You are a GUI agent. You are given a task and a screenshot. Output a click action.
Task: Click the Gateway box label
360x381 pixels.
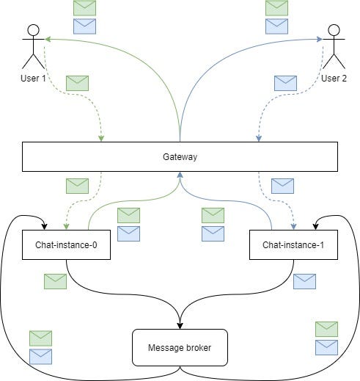[x=180, y=157]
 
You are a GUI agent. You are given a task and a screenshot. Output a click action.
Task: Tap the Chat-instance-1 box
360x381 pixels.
[x=293, y=244]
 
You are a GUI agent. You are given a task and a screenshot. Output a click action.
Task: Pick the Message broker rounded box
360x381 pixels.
[x=180, y=347]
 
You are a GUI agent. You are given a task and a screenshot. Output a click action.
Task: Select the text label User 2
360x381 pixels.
[x=334, y=79]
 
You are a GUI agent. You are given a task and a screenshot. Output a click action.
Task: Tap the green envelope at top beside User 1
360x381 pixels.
[x=85, y=8]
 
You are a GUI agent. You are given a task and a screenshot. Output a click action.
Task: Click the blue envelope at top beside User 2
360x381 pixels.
[x=276, y=26]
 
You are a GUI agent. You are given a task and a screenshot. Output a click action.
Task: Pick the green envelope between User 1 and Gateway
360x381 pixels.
[x=77, y=83]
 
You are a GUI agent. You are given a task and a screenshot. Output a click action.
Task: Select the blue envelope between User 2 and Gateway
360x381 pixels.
[x=285, y=83]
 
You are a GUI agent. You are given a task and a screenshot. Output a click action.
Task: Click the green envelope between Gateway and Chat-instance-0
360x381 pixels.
[x=77, y=185]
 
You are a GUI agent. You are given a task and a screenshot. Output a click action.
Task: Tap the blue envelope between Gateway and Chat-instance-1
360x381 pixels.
[x=282, y=185]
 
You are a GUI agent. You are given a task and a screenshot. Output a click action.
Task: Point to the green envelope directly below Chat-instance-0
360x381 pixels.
[x=55, y=280]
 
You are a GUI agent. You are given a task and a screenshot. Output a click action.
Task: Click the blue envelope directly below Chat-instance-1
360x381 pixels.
[x=304, y=280]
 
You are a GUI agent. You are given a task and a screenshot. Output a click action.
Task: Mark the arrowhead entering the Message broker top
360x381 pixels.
[x=180, y=326]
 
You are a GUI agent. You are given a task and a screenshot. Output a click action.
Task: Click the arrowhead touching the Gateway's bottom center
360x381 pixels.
[x=180, y=175]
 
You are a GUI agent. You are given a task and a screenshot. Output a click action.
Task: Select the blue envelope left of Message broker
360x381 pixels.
[x=40, y=356]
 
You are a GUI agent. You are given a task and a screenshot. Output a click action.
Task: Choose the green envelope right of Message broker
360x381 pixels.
[x=326, y=328]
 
